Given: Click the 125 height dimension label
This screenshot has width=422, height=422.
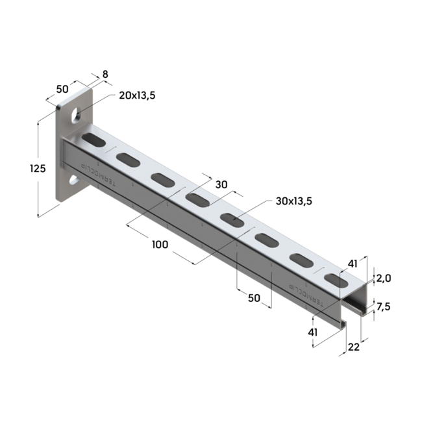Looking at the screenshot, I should point(38,169).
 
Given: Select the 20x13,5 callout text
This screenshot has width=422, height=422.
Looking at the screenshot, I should point(137,96).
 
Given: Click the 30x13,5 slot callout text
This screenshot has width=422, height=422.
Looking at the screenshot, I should point(294,201).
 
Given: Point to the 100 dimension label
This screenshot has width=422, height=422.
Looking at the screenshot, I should point(160,245).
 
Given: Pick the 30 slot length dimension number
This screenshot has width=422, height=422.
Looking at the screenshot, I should point(221,185).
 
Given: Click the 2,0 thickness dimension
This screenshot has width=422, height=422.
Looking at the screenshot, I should point(384,278).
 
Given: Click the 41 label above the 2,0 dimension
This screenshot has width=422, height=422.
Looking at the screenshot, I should point(353,264).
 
